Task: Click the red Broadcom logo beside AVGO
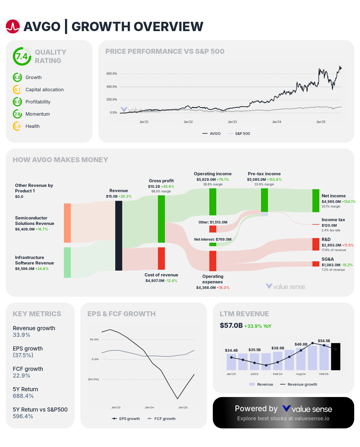pyautogui.click(x=13, y=26)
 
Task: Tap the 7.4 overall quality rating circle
pyautogui.click(x=22, y=56)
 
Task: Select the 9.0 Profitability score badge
pyautogui.click(x=17, y=102)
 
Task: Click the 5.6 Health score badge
pyautogui.click(x=17, y=126)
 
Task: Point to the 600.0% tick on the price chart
pyautogui.click(x=112, y=74)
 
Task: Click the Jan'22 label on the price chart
pyautogui.click(x=188, y=122)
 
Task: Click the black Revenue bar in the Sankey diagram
pyautogui.click(x=119, y=235)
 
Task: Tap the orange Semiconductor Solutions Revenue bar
pyautogui.click(x=67, y=223)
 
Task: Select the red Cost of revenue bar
pyautogui.click(x=161, y=258)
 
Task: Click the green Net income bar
pyautogui.click(x=316, y=201)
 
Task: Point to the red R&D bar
pyautogui.click(x=316, y=244)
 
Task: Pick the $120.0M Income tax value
pyautogui.click(x=329, y=226)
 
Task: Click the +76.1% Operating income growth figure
pyautogui.click(x=223, y=180)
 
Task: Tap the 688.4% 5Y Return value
pyautogui.click(x=23, y=396)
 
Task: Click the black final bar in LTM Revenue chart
pyautogui.click(x=336, y=357)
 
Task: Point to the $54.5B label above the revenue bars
pyautogui.click(x=324, y=341)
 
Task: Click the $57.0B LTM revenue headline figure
pyautogui.click(x=231, y=326)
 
